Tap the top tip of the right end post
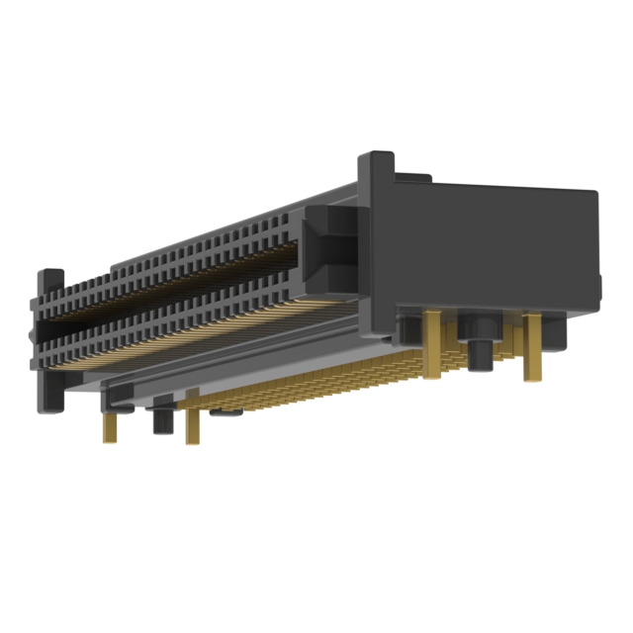(x=377, y=157)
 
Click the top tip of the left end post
(x=50, y=274)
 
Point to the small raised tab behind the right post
(x=415, y=179)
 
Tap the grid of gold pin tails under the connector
(x=326, y=391)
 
